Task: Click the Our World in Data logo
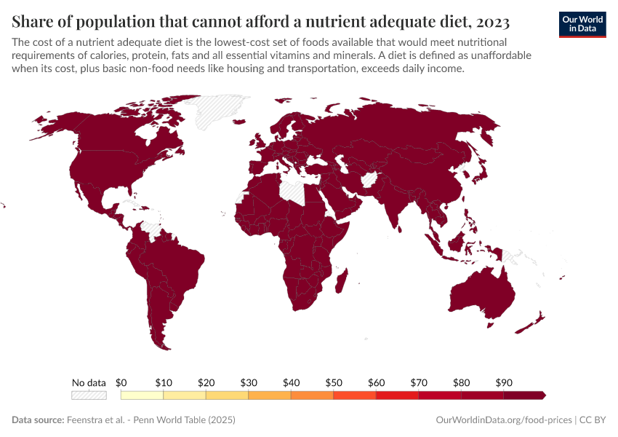click(582, 24)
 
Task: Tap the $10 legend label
click(164, 382)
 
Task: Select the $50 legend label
click(334, 382)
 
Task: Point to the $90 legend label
click(504, 382)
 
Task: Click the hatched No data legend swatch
click(89, 395)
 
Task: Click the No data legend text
click(89, 382)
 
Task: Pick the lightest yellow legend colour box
click(142, 395)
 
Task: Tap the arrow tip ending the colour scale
click(543, 395)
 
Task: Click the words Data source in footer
click(37, 420)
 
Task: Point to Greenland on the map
click(218, 109)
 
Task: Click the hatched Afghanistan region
click(369, 179)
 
